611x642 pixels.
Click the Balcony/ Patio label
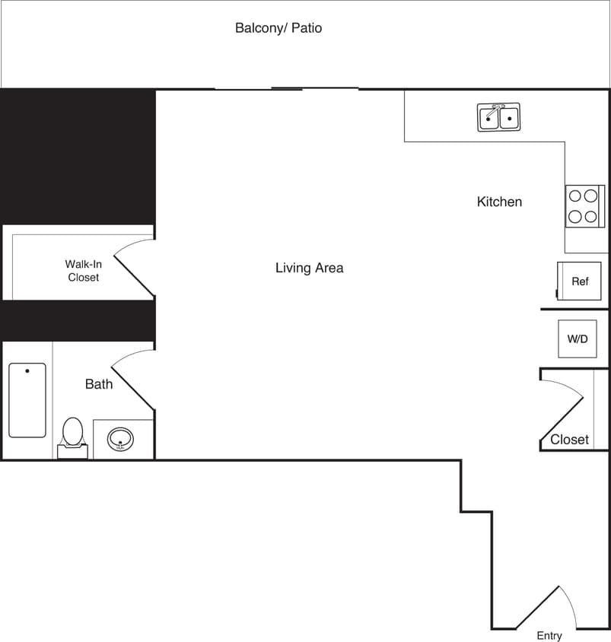click(x=278, y=28)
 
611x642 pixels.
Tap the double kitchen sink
click(x=498, y=119)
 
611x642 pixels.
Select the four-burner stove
click(x=583, y=206)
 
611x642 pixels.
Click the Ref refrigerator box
click(x=580, y=281)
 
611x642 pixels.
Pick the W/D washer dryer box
click(x=578, y=338)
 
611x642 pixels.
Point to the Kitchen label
click(x=499, y=202)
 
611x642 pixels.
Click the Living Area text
click(x=309, y=268)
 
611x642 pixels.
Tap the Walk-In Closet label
click(x=83, y=271)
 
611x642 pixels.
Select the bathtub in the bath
click(x=27, y=400)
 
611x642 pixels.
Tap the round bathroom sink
click(x=120, y=439)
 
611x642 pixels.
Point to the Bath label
click(x=99, y=384)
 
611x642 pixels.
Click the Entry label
click(x=549, y=636)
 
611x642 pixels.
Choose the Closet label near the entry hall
click(x=569, y=440)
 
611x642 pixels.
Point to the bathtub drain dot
click(x=27, y=371)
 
